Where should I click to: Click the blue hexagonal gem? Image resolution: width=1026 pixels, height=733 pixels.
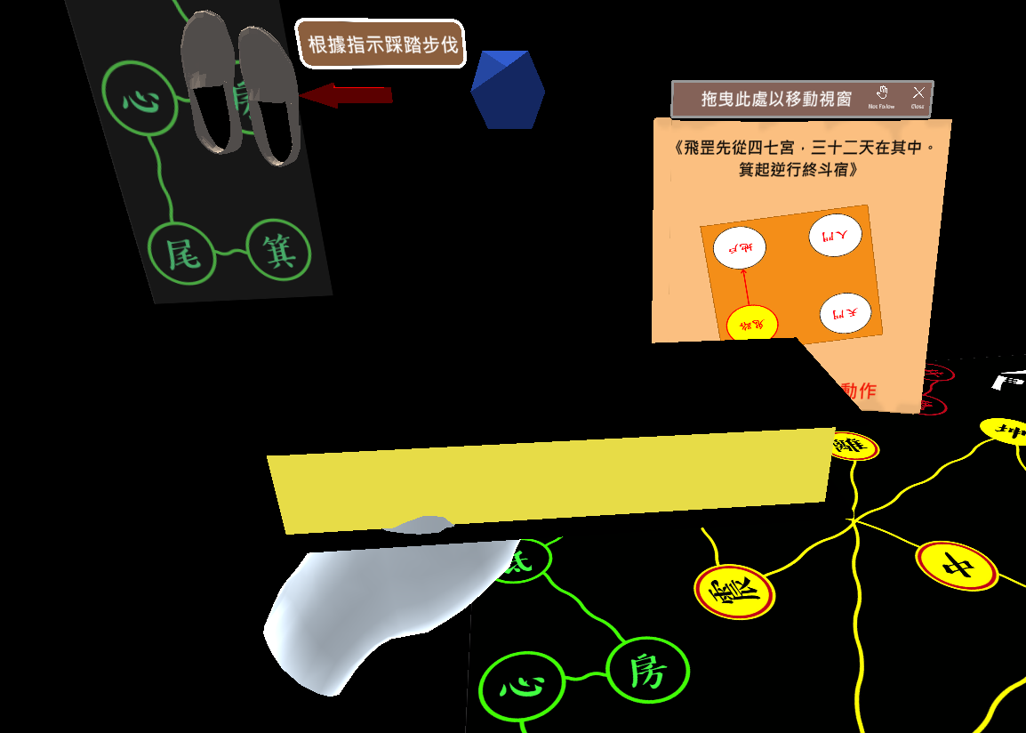508,89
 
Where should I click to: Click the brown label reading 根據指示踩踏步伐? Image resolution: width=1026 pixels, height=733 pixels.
382,44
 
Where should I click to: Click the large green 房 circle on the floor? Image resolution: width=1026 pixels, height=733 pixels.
647,671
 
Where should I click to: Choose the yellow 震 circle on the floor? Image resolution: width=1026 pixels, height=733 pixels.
734,592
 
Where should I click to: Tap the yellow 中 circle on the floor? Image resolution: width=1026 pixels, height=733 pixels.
958,565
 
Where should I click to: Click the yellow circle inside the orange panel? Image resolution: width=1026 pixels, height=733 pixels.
752,324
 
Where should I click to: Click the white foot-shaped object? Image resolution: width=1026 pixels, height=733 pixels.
373,605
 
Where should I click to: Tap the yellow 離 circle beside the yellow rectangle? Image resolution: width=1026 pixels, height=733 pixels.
854,446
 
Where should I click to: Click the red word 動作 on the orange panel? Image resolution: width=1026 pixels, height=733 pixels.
859,391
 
